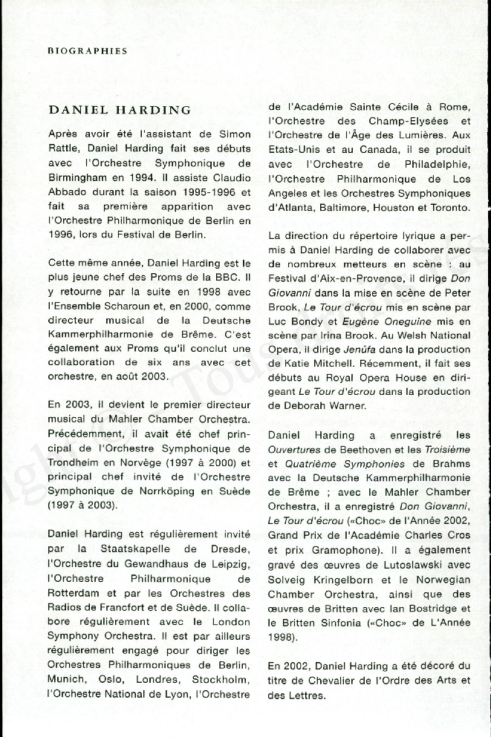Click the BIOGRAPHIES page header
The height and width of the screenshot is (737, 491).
click(88, 51)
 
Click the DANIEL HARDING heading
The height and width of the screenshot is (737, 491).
click(120, 110)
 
